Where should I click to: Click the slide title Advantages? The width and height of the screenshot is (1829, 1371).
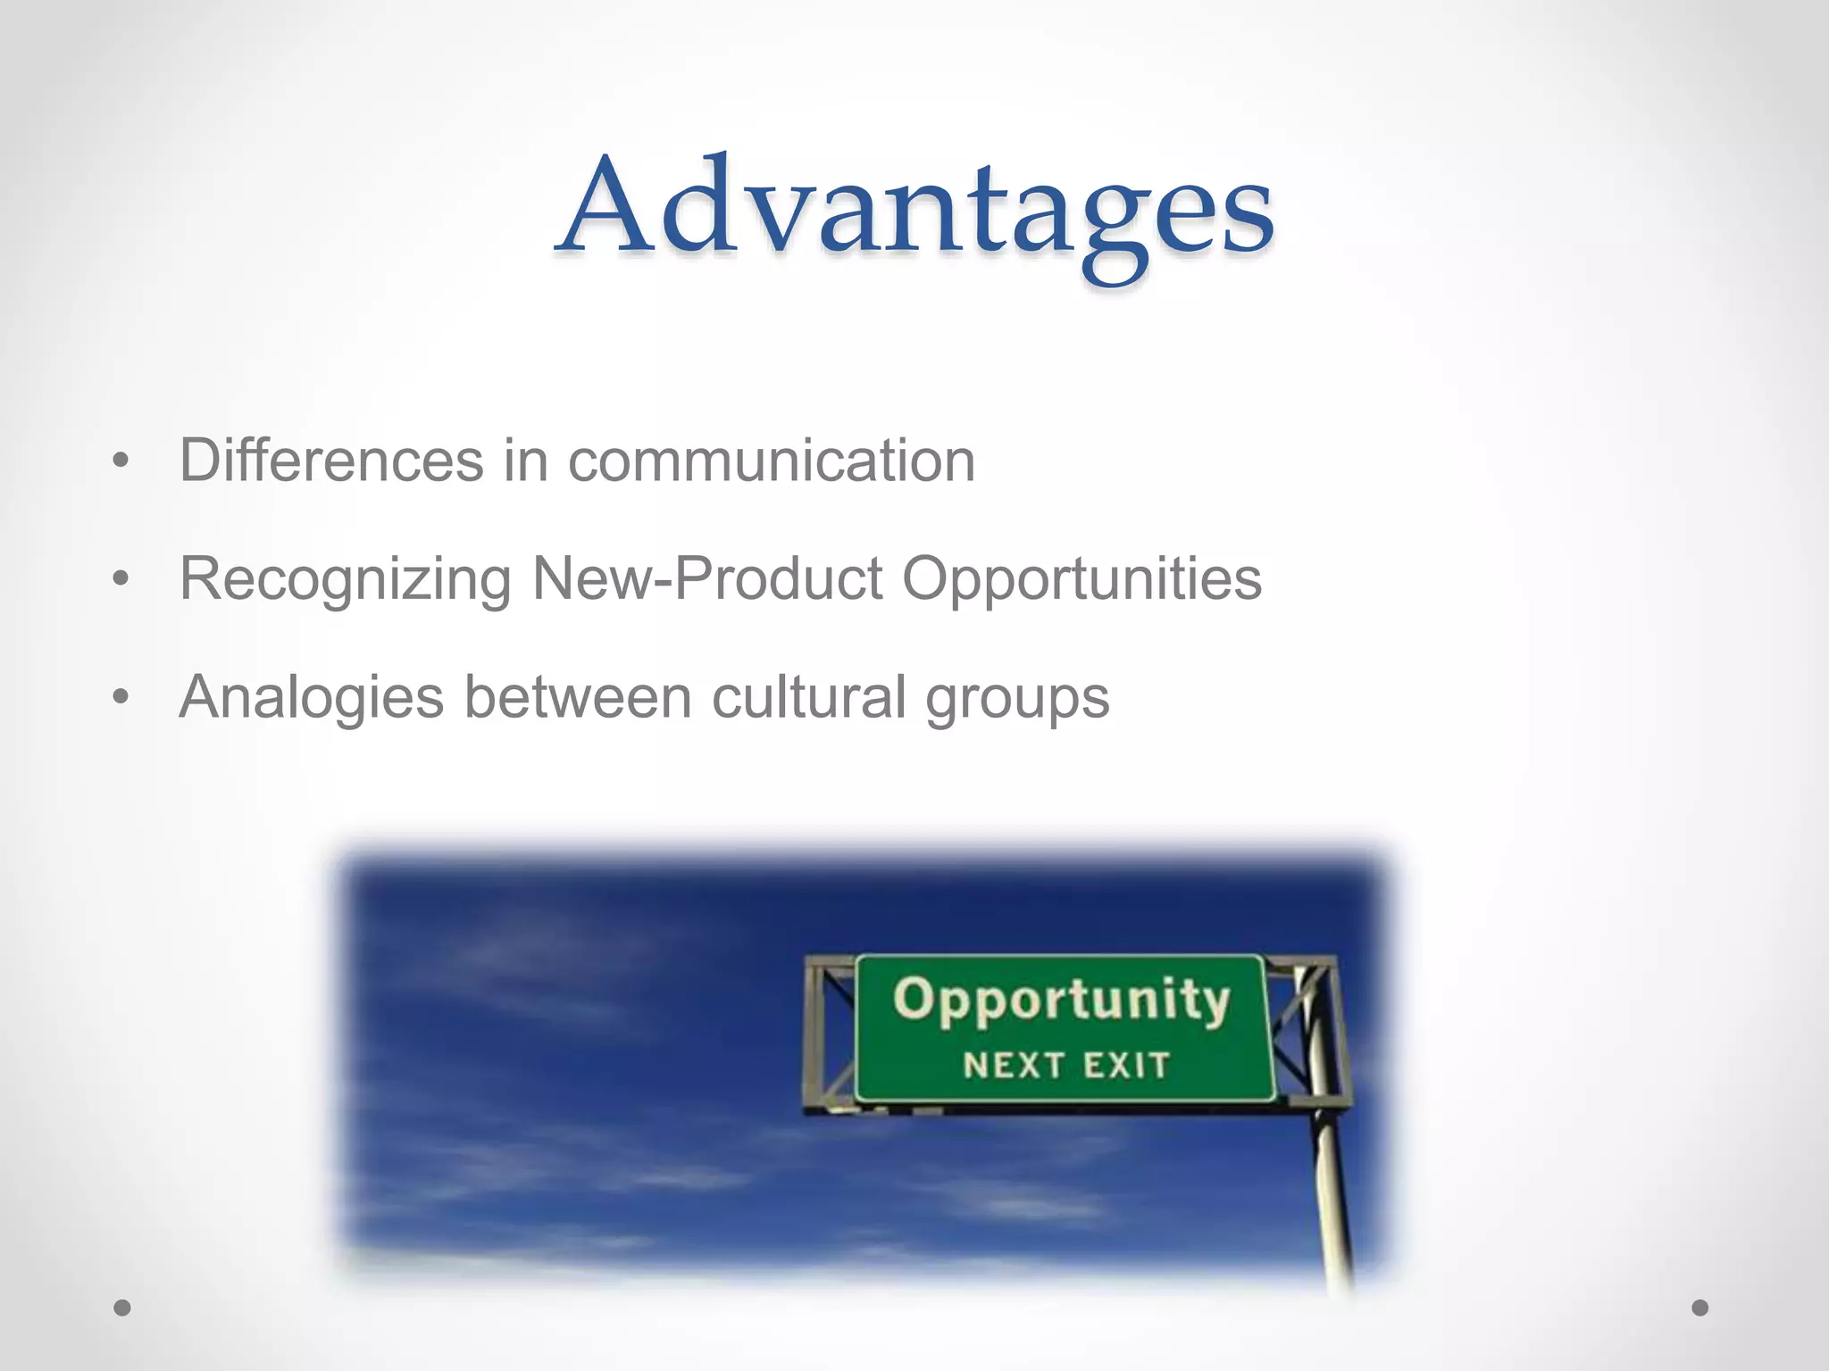click(x=916, y=210)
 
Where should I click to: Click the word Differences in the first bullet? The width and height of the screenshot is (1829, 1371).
click(x=331, y=461)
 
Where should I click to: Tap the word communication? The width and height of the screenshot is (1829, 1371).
click(x=772, y=461)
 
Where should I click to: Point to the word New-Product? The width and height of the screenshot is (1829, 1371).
click(x=707, y=578)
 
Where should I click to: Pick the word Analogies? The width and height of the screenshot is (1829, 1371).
click(x=311, y=698)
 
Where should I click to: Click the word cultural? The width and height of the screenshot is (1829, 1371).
click(x=809, y=696)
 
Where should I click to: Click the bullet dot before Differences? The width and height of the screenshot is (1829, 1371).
click(x=121, y=461)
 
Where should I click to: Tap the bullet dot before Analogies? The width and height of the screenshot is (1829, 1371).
click(x=121, y=697)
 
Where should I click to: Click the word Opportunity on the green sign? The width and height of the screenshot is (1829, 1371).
click(x=1061, y=1000)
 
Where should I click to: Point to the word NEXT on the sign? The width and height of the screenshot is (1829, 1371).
click(x=1014, y=1065)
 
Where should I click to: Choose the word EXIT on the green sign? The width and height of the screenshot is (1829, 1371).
click(x=1126, y=1065)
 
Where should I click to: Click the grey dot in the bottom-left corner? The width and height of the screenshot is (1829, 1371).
click(x=122, y=1308)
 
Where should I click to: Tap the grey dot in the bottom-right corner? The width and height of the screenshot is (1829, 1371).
click(x=1700, y=1308)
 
